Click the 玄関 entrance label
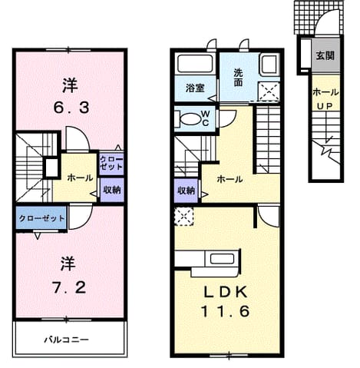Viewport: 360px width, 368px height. click(x=325, y=55)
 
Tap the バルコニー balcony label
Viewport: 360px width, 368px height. click(x=67, y=340)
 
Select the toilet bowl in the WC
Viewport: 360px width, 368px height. click(x=190, y=119)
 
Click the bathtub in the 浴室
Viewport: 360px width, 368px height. click(x=195, y=63)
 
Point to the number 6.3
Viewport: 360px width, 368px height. click(x=71, y=108)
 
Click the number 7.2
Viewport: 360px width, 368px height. click(x=70, y=287)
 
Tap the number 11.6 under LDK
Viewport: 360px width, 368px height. click(x=225, y=311)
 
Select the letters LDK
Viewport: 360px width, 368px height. click(x=226, y=292)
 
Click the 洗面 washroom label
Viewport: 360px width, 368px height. click(x=238, y=78)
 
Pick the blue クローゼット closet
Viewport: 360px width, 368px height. click(x=41, y=218)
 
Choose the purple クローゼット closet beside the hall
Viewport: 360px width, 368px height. click(x=111, y=164)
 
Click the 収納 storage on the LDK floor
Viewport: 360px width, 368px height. click(x=186, y=191)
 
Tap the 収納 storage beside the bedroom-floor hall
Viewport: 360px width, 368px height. click(x=112, y=190)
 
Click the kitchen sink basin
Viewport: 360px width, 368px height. click(x=222, y=259)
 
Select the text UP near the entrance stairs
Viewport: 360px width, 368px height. click(x=325, y=105)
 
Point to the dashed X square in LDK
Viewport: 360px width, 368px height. click(x=184, y=217)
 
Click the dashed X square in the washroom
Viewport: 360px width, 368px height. click(x=268, y=91)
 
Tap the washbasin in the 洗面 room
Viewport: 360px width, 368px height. click(x=269, y=65)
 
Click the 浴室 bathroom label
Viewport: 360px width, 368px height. click(x=195, y=88)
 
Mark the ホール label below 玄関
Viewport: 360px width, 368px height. click(x=325, y=92)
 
